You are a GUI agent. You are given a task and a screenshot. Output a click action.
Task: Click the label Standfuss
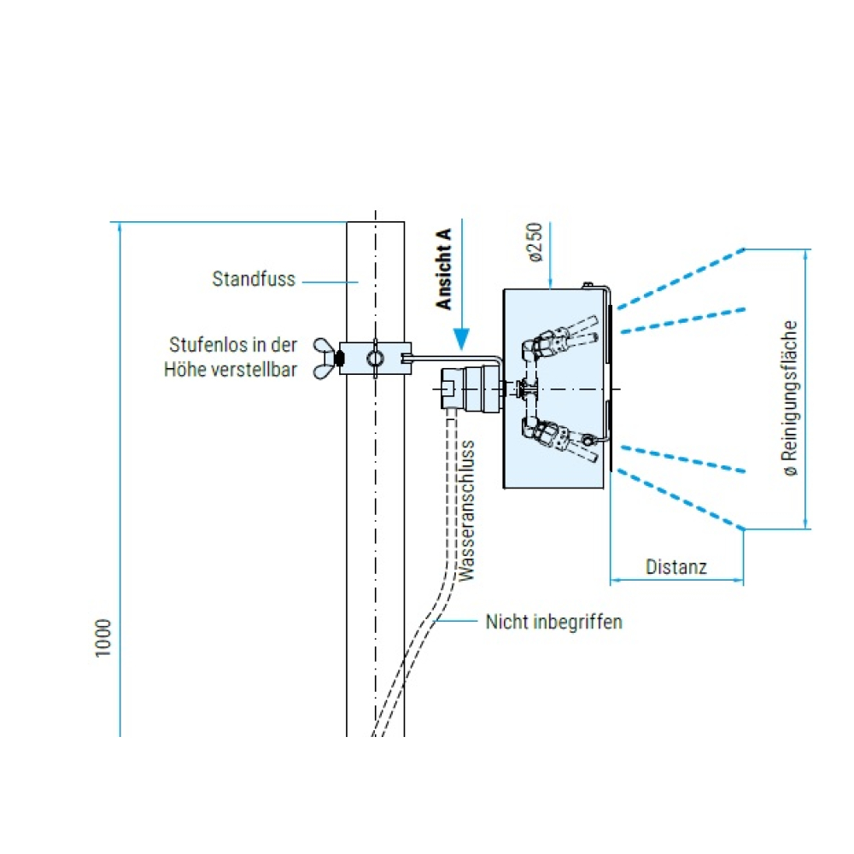pyautogui.click(x=254, y=279)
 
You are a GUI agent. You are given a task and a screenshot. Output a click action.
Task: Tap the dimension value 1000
pyautogui.click(x=103, y=638)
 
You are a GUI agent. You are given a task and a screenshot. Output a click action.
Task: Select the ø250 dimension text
pyautogui.click(x=536, y=242)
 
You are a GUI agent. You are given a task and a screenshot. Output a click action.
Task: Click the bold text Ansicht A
pyautogui.click(x=444, y=269)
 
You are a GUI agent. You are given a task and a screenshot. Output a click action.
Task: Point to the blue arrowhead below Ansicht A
pyautogui.click(x=461, y=339)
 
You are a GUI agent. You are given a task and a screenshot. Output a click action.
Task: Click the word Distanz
pyautogui.click(x=676, y=567)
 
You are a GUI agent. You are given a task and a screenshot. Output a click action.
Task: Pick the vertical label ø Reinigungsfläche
pyautogui.click(x=790, y=398)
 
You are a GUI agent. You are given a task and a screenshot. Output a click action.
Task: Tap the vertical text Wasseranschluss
pyautogui.click(x=467, y=511)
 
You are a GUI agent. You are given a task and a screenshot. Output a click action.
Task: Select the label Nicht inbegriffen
pyautogui.click(x=554, y=622)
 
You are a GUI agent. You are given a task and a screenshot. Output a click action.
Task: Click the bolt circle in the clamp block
pyautogui.click(x=375, y=359)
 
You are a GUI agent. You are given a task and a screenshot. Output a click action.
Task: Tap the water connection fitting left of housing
pyautogui.click(x=470, y=389)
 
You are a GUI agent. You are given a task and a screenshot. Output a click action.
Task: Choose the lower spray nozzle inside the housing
pyautogui.click(x=559, y=437)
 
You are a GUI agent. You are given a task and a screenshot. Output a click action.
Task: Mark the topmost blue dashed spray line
pyautogui.click(x=681, y=279)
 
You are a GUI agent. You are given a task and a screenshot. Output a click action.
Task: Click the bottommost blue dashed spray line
pyautogui.click(x=681, y=500)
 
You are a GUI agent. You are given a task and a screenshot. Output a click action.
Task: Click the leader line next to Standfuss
pyautogui.click(x=330, y=282)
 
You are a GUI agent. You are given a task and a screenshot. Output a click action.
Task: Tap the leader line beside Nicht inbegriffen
pyautogui.click(x=456, y=620)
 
